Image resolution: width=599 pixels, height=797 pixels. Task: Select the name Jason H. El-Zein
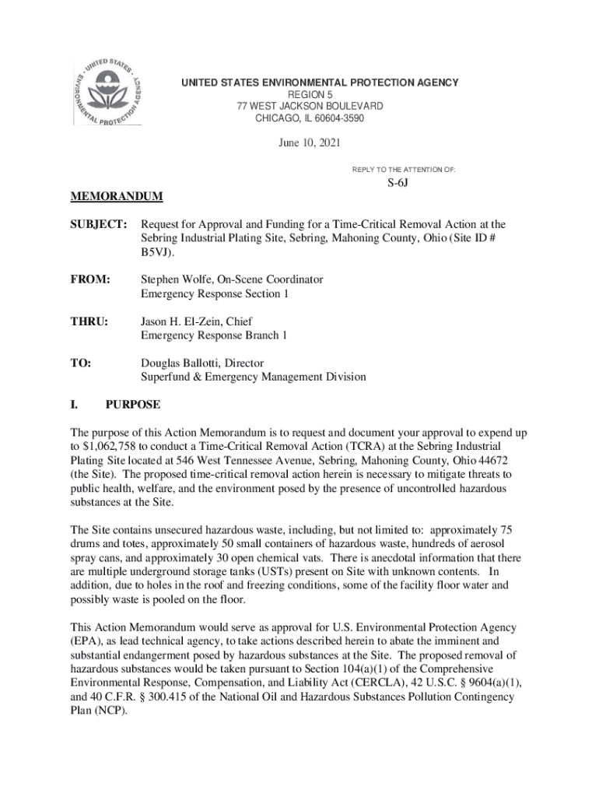coord(185,321)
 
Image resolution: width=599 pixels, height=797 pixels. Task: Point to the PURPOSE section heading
coord(133,405)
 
